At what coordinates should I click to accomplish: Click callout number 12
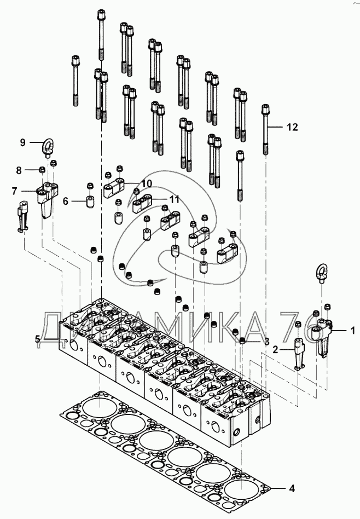[x=292, y=127]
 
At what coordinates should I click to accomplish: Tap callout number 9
[x=23, y=142]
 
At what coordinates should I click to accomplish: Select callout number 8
[x=19, y=170]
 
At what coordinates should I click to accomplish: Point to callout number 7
[x=15, y=191]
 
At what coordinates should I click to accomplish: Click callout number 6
[x=66, y=201]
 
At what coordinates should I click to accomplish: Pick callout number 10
[x=147, y=182]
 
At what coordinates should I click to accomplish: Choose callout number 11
[x=174, y=199]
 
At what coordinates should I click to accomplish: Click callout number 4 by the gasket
[x=292, y=487]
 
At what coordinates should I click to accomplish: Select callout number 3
[x=266, y=341]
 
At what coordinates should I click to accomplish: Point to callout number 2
[x=276, y=348]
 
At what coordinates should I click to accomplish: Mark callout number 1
[x=352, y=330]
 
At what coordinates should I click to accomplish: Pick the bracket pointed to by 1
[x=322, y=336]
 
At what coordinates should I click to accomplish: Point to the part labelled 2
[x=299, y=352]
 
